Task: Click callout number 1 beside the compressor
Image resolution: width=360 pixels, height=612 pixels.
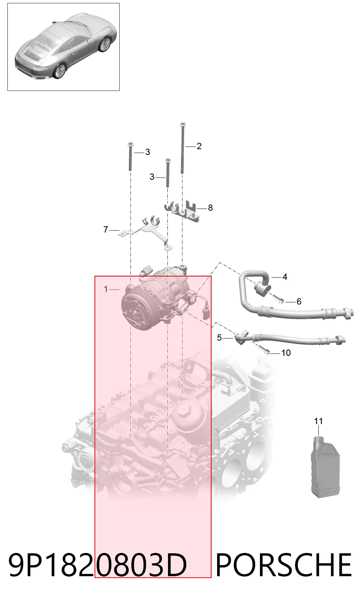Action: click(x=106, y=289)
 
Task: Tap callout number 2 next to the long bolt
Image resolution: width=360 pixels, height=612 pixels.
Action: click(x=199, y=146)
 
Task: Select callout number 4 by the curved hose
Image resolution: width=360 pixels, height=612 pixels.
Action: click(x=285, y=277)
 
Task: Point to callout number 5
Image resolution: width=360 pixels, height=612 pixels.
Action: click(x=219, y=338)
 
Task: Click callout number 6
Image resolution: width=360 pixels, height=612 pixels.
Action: click(x=299, y=301)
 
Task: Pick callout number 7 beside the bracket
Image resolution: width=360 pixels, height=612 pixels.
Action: click(x=106, y=230)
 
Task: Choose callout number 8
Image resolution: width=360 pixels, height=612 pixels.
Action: click(x=210, y=208)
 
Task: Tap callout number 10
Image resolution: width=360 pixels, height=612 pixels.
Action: click(x=286, y=353)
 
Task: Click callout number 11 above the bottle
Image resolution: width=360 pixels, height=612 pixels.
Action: click(x=318, y=421)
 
